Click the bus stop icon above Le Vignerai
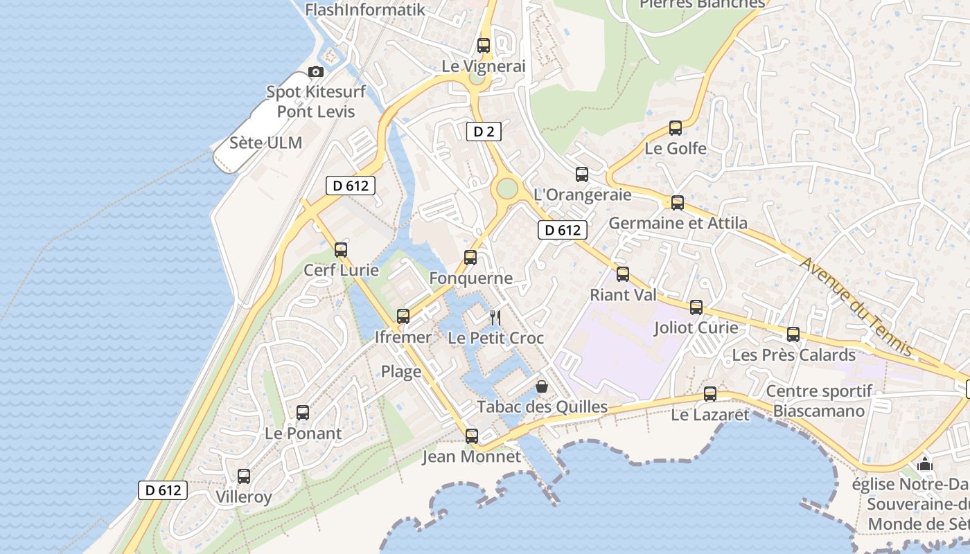tap(484, 46)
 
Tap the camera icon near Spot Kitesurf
tap(316, 71)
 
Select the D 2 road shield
tap(484, 131)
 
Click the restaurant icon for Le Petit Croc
tap(495, 318)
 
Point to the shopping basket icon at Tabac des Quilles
tap(542, 386)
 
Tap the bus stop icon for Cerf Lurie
tap(341, 250)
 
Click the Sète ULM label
tap(266, 143)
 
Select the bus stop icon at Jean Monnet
tap(472, 436)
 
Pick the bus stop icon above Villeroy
tap(244, 476)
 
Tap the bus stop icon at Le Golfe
tap(676, 128)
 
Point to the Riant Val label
tap(623, 295)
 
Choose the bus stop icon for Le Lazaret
tap(710, 395)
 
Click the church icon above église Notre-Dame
tap(925, 464)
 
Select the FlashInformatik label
tap(364, 10)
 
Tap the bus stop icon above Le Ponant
tap(303, 413)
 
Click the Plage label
tap(401, 372)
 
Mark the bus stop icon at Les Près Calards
tap(793, 334)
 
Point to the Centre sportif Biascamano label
tap(819, 401)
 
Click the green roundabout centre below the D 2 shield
tap(507, 188)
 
